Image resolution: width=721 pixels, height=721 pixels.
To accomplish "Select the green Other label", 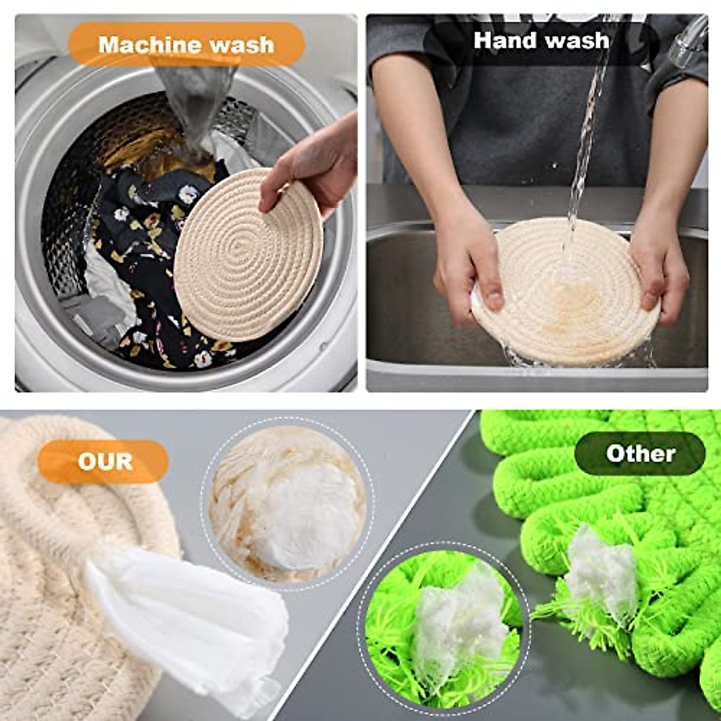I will pyautogui.click(x=640, y=454).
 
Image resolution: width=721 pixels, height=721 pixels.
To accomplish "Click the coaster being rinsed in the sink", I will pyautogui.click(x=565, y=300).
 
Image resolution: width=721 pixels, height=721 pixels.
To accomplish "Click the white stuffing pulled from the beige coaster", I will pyautogui.click(x=192, y=619).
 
